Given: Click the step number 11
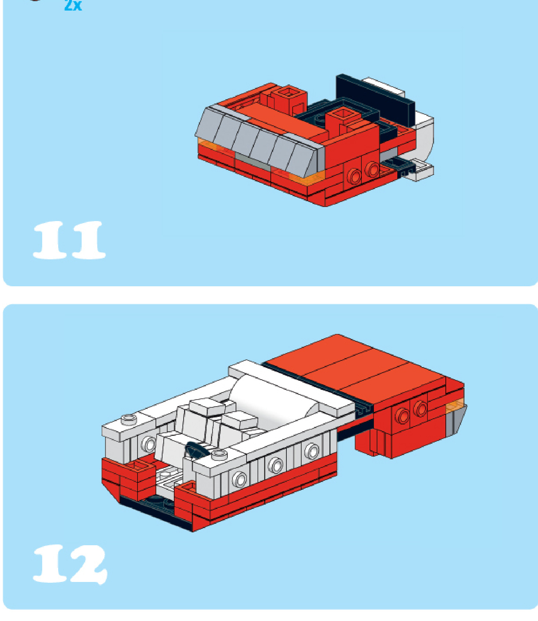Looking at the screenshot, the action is pyautogui.click(x=69, y=240).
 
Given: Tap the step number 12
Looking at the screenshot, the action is pyautogui.click(x=70, y=564).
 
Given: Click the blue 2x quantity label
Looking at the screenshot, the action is pyautogui.click(x=73, y=5).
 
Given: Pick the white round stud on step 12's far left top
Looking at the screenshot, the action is pyautogui.click(x=129, y=419).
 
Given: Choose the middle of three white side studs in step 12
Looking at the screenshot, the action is pyautogui.click(x=275, y=465).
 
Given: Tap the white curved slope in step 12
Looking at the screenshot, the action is pyautogui.click(x=273, y=394).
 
